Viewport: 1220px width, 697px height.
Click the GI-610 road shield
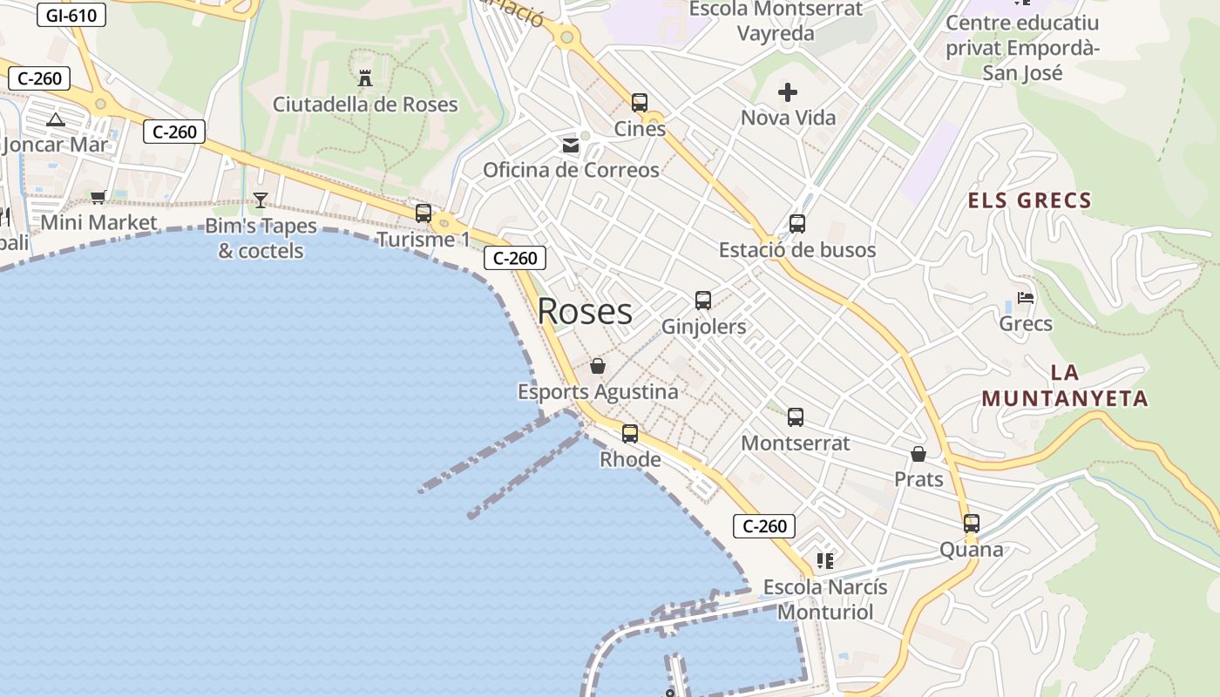71,15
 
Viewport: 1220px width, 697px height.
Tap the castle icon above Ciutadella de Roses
365,78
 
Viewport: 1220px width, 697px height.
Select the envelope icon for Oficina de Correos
571,145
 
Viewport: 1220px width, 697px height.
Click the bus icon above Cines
640,103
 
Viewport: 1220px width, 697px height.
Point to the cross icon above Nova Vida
788,92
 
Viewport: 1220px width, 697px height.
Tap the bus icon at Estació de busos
796,224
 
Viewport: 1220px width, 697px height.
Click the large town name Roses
585,311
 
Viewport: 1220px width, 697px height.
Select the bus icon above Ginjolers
703,301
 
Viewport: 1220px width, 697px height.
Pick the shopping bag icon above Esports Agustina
598,366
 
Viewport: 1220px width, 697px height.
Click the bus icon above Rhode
629,433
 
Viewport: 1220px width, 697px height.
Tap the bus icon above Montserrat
795,417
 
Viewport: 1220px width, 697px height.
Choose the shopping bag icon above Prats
918,454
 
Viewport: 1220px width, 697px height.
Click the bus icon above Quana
971,524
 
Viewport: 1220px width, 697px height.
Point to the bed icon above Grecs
1026,298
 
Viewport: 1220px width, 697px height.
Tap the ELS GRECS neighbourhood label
1029,200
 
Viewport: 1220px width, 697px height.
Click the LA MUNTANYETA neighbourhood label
1064,386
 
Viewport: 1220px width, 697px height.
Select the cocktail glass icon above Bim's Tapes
260,200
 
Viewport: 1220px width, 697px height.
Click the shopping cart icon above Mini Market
98,197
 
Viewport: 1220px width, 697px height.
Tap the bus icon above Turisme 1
424,213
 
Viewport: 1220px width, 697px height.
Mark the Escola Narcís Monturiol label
825,599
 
